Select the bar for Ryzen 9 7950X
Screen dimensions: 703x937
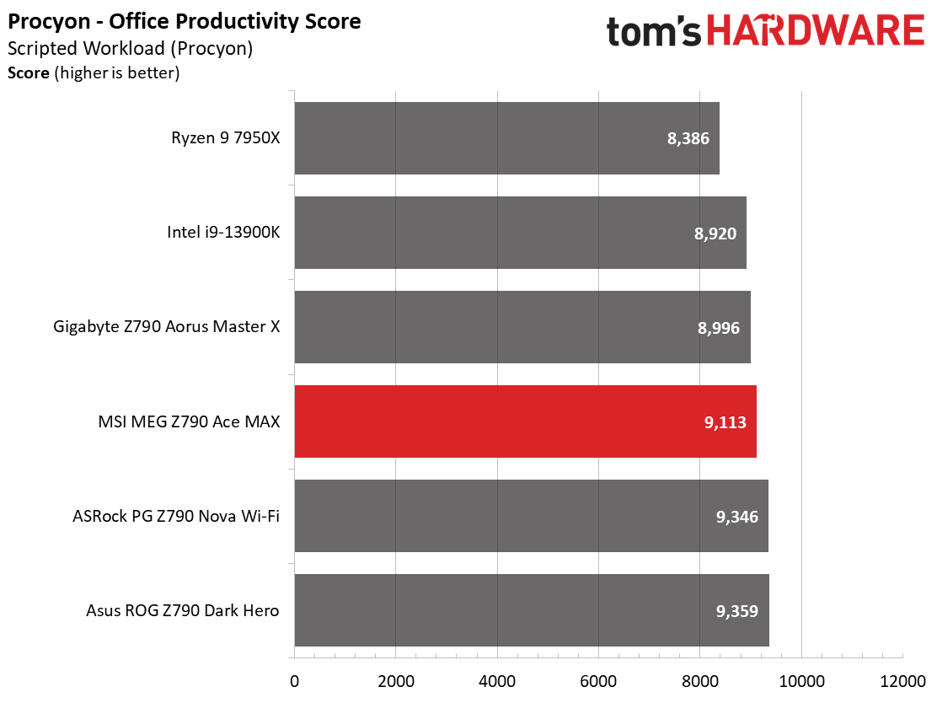coord(506,138)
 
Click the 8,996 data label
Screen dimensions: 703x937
coord(719,328)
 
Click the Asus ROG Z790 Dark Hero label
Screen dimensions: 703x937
coord(182,611)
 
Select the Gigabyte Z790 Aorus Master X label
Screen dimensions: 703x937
coord(166,328)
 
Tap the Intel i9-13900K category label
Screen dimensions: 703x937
coord(223,233)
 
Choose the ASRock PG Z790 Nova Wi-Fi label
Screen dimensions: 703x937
coord(176,517)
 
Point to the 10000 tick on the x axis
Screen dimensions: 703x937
coord(800,680)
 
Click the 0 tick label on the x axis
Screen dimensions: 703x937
coord(294,680)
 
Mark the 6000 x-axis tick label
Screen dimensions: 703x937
coord(598,680)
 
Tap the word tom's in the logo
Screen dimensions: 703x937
coord(653,32)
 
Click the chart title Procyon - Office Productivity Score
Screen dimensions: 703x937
coord(185,21)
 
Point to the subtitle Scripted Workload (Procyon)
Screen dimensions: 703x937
coord(130,48)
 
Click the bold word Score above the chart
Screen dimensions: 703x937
coord(28,73)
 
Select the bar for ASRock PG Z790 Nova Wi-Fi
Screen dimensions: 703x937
coord(531,516)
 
